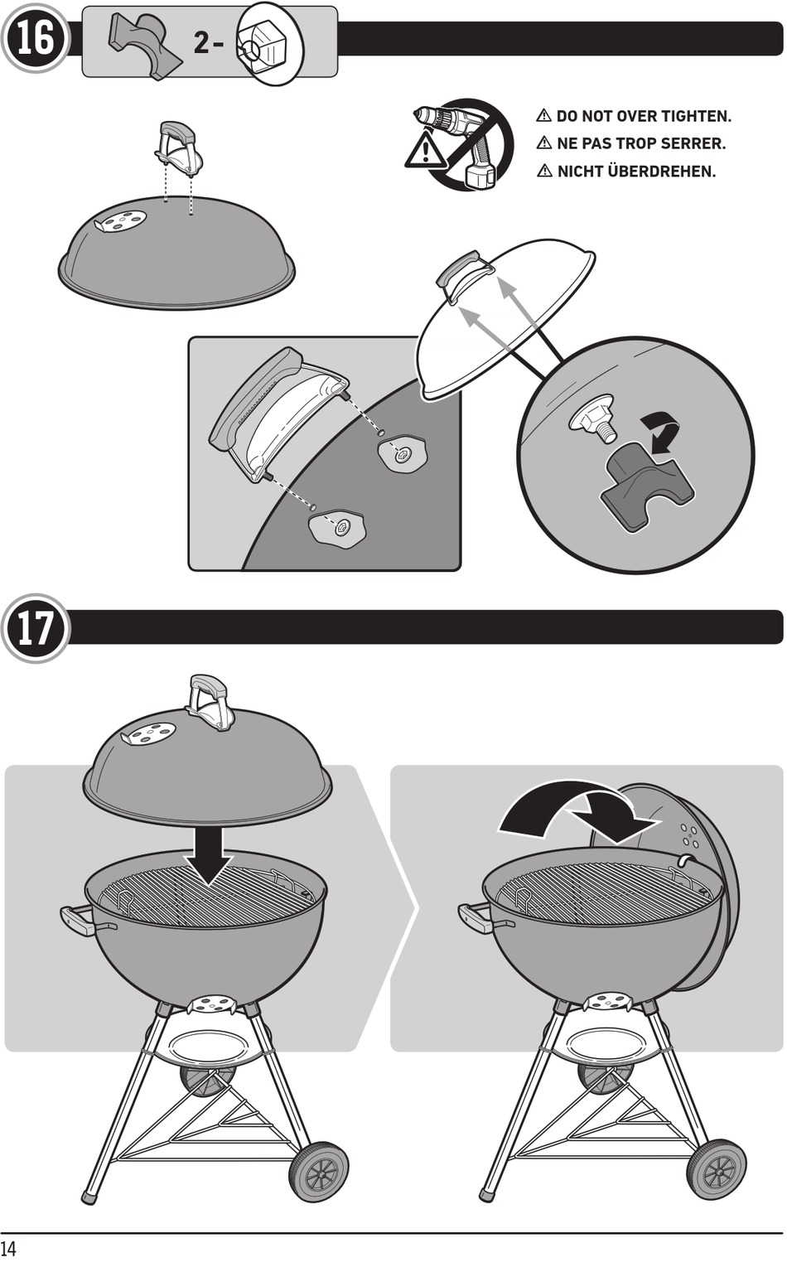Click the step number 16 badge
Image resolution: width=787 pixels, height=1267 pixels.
tap(35, 37)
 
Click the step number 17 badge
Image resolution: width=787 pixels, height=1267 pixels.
tap(35, 628)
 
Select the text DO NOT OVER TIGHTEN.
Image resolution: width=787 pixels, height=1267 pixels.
tap(643, 116)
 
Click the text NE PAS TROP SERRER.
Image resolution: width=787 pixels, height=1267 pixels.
tap(640, 143)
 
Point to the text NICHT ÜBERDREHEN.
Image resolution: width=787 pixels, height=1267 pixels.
tap(635, 172)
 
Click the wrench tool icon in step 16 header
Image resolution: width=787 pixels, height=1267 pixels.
tap(146, 46)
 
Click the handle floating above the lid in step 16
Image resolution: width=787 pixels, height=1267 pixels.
tap(178, 147)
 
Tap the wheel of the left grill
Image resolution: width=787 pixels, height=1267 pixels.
tap(318, 1170)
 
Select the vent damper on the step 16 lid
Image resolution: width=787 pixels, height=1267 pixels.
tap(120, 221)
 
